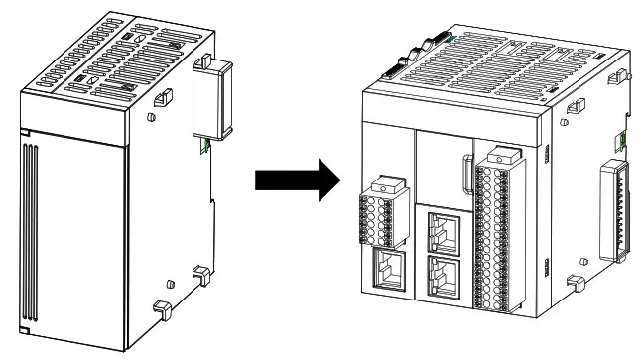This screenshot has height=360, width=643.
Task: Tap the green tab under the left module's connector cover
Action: point(203,145)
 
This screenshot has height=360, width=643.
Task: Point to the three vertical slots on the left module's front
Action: point(32,233)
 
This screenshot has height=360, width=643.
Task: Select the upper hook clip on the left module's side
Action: point(161,97)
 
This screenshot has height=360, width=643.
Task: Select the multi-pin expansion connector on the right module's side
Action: point(614,213)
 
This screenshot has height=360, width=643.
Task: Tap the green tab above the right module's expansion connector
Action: point(621,139)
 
